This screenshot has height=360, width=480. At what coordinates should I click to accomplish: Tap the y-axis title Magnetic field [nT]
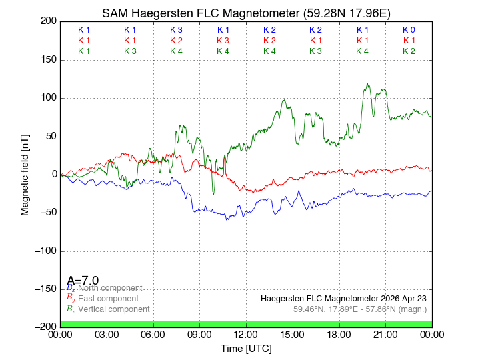coord(25,174)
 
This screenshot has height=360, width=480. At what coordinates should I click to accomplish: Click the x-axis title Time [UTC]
coord(246,349)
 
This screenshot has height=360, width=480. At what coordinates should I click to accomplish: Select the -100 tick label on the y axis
coord(44,251)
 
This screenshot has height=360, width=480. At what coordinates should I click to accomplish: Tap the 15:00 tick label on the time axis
coord(293,334)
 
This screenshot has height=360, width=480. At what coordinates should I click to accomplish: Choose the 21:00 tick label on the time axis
coord(385,334)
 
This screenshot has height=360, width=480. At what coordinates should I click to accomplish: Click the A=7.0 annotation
coord(83,281)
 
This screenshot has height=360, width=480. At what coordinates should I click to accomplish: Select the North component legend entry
coord(107,288)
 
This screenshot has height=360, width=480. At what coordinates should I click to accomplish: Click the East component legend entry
coord(107,299)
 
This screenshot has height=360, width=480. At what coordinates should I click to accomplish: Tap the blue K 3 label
coord(176,30)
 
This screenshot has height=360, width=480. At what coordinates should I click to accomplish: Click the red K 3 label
coord(223,41)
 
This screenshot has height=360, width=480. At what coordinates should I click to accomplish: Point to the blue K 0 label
coord(409,30)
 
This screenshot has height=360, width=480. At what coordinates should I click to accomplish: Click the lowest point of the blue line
coord(227,219)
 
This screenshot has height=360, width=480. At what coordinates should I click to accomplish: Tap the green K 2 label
coord(409,51)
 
